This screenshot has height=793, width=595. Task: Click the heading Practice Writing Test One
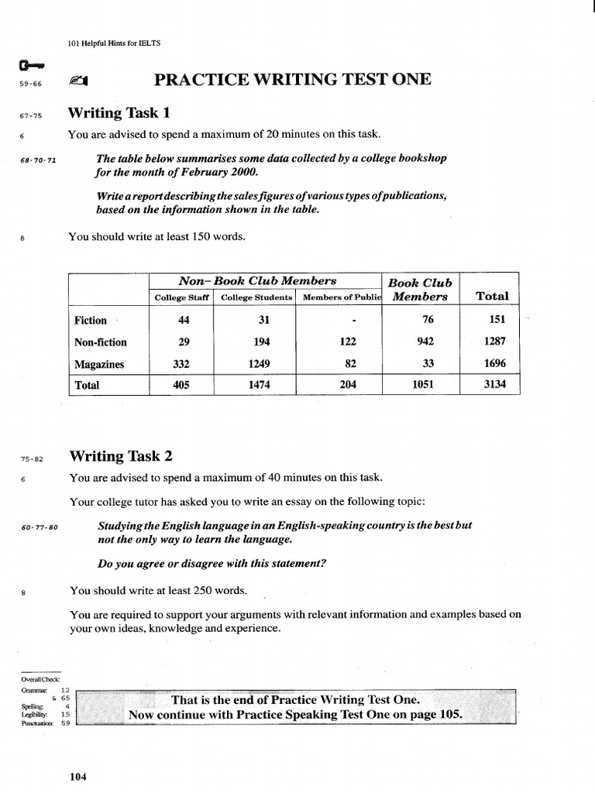293,79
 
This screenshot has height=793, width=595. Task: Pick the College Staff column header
183,297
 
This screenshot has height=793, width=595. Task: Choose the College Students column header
256,297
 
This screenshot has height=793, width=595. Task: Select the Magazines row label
99,364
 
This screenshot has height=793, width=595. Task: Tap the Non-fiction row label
101,342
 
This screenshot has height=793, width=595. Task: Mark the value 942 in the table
425,342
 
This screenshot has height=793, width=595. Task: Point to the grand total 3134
494,385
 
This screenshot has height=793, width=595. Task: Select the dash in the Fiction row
353,321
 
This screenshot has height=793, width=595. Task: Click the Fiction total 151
497,320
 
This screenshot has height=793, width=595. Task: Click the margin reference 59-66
30,84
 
